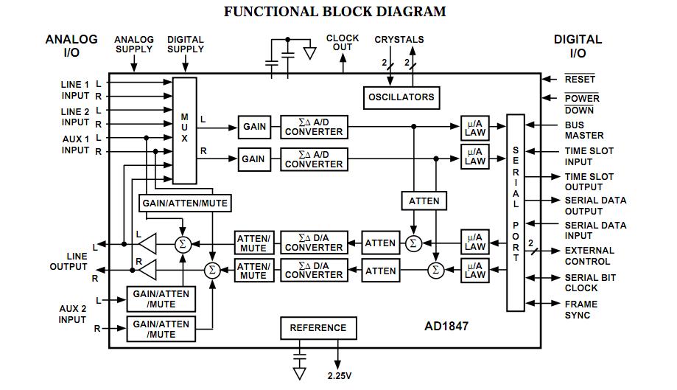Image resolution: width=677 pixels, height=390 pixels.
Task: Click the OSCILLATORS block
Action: tap(401, 97)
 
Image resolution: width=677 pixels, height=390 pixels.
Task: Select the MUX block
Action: tap(185, 130)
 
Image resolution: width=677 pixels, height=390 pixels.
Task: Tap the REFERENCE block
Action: tap(318, 328)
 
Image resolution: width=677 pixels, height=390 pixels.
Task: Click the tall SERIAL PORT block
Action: tap(516, 212)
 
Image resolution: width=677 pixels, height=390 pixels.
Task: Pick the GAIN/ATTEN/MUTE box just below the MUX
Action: tap(184, 203)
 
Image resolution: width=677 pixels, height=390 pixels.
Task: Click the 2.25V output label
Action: tap(339, 375)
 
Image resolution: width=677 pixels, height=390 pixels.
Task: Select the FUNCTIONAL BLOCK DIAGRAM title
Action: tap(334, 12)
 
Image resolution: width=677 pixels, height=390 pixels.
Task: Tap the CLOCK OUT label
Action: tap(343, 43)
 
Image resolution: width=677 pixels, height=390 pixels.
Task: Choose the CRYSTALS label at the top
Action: tap(399, 39)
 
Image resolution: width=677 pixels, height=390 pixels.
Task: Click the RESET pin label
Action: tap(580, 79)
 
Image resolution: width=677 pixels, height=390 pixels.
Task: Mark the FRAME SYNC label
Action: tap(580, 310)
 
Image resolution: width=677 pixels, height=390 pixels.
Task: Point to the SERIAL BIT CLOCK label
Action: tap(590, 282)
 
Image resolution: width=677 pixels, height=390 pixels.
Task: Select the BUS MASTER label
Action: tap(584, 130)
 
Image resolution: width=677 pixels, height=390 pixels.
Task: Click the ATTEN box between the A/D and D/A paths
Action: tap(424, 201)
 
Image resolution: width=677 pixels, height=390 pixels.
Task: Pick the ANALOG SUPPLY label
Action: tap(134, 44)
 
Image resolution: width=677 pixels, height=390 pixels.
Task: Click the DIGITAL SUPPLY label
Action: tap(186, 44)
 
